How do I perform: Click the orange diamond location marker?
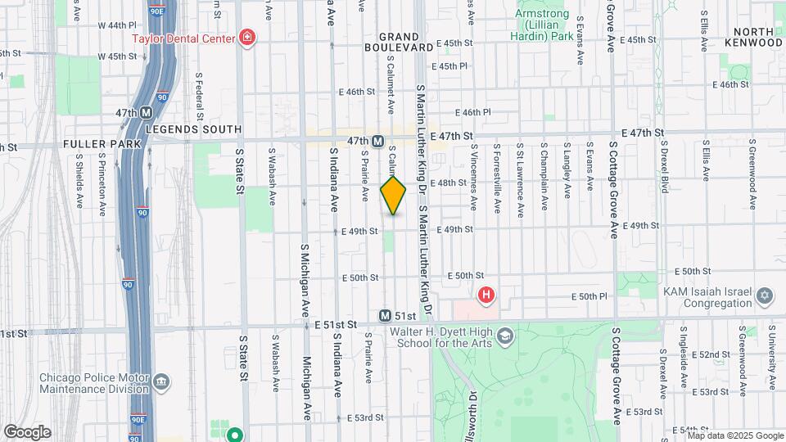393,195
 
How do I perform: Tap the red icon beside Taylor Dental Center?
246,37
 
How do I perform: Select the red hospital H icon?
486,294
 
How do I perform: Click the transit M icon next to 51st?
385,316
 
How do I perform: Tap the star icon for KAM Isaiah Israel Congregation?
764,295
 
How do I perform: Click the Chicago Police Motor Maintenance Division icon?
161,382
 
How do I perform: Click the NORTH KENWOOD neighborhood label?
754,37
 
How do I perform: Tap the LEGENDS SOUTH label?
193,129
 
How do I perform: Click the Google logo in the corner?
26,431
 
